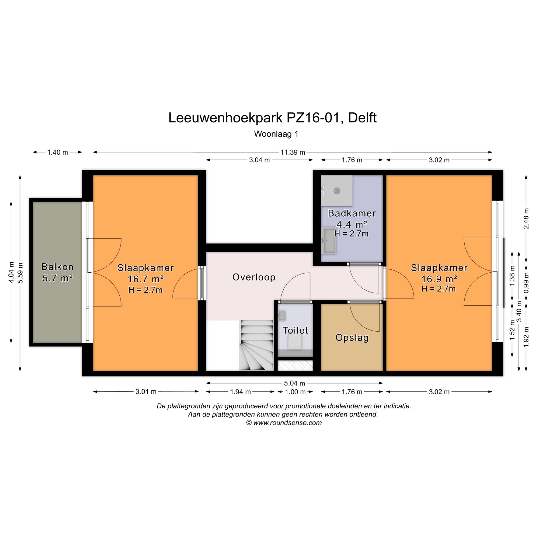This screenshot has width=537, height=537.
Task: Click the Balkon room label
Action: tap(57, 267)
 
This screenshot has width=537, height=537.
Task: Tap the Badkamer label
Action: tap(352, 213)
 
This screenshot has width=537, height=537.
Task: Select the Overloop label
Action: tap(254, 277)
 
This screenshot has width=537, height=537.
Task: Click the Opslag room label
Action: tap(352, 338)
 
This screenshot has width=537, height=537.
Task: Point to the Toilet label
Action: tap(295, 330)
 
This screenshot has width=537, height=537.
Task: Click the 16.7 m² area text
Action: tap(145, 279)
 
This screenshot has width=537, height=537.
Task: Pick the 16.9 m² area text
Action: tap(439, 279)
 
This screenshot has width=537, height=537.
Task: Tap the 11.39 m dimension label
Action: tap(293, 152)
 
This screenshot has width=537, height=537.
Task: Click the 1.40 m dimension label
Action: tap(57, 152)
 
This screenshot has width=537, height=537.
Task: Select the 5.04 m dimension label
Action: tap(295, 383)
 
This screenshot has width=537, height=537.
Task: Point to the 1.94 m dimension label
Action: tap(240, 392)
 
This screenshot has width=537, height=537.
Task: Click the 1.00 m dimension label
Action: tap(295, 392)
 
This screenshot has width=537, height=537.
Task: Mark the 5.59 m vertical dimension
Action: tap(20, 273)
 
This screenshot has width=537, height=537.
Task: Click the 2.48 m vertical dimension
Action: tap(526, 218)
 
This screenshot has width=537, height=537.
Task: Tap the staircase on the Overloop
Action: tap(256, 346)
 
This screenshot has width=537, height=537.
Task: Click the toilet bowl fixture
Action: tap(295, 342)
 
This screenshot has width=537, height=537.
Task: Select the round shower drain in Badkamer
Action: tap(337, 191)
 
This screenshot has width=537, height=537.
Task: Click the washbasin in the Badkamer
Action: tap(328, 241)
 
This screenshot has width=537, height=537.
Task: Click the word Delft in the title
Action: tap(362, 118)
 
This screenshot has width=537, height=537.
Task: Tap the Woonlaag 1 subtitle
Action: tap(276, 134)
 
